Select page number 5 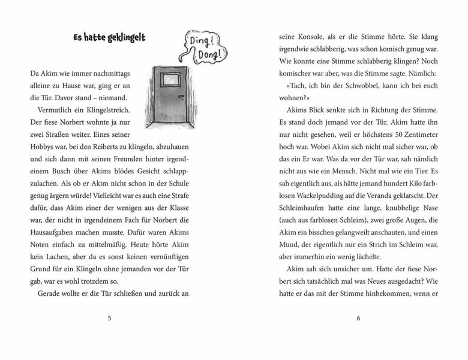[109, 318]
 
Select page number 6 [358, 318]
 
